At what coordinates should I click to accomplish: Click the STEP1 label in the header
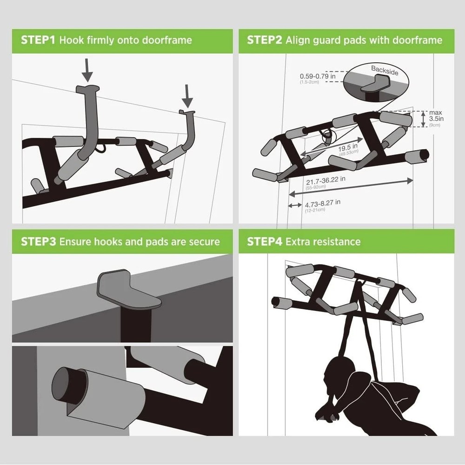click(38, 40)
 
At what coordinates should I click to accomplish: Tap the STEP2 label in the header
click(264, 40)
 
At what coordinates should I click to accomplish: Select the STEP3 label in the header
click(38, 242)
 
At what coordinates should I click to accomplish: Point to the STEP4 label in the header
click(264, 242)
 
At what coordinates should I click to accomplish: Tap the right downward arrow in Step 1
click(186, 96)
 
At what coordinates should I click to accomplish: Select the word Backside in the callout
click(384, 71)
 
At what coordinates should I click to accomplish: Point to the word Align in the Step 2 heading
click(298, 40)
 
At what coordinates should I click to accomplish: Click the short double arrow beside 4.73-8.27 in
click(294, 205)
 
